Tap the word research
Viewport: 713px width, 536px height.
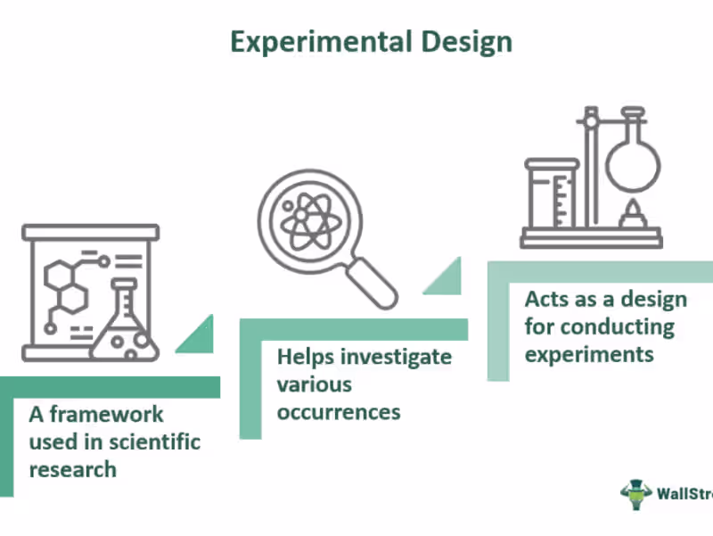coord(73,468)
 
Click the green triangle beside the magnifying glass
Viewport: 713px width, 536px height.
coord(442,276)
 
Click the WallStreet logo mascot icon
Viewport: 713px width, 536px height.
coord(636,494)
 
